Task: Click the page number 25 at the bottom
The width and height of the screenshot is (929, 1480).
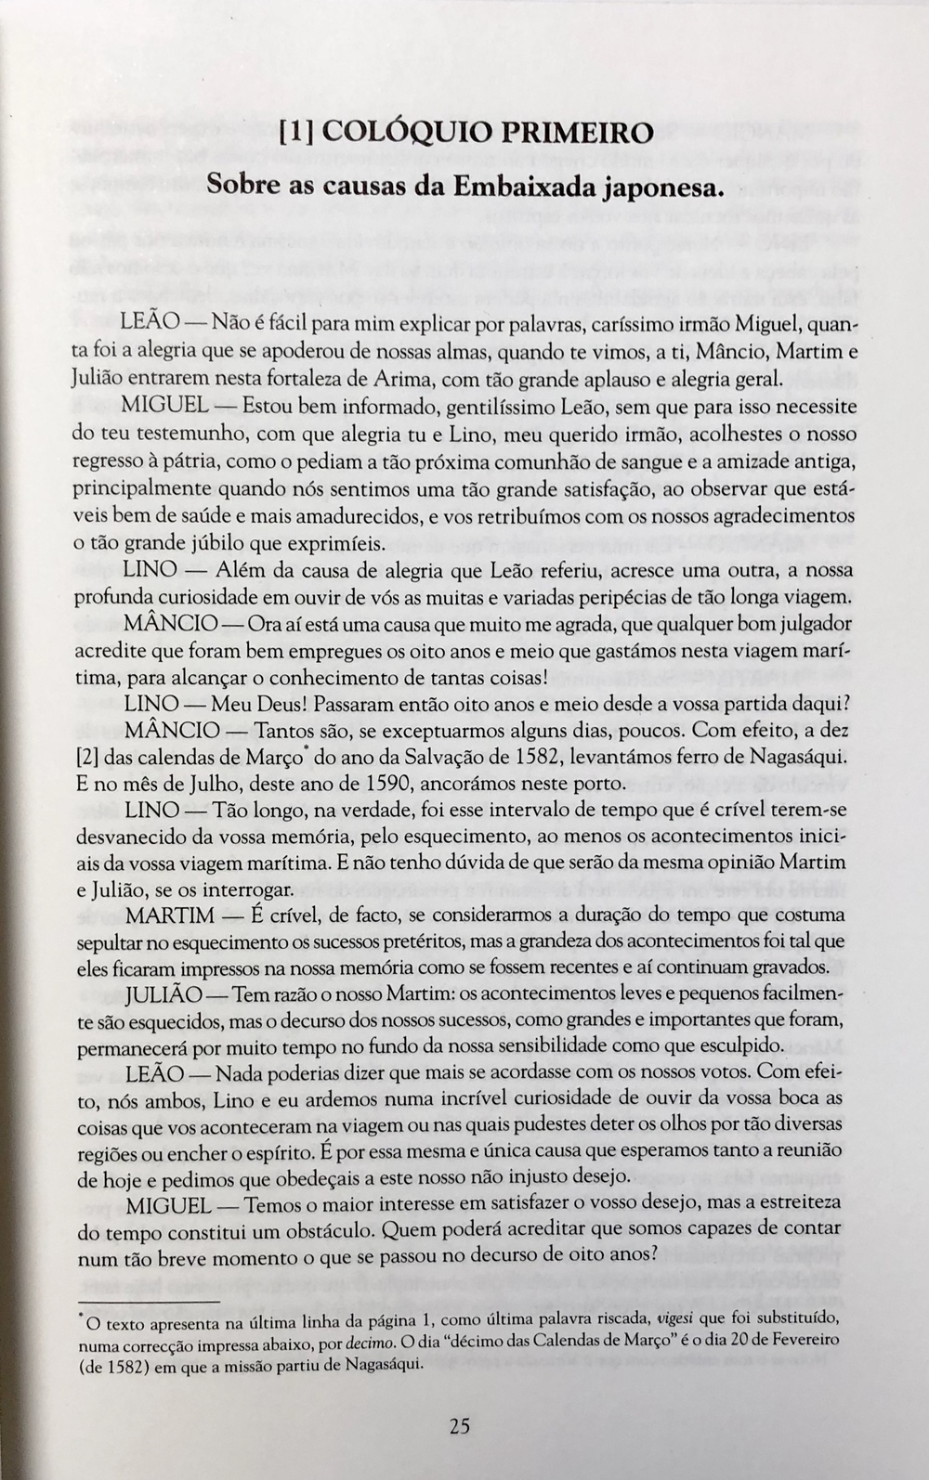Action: point(460,1426)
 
